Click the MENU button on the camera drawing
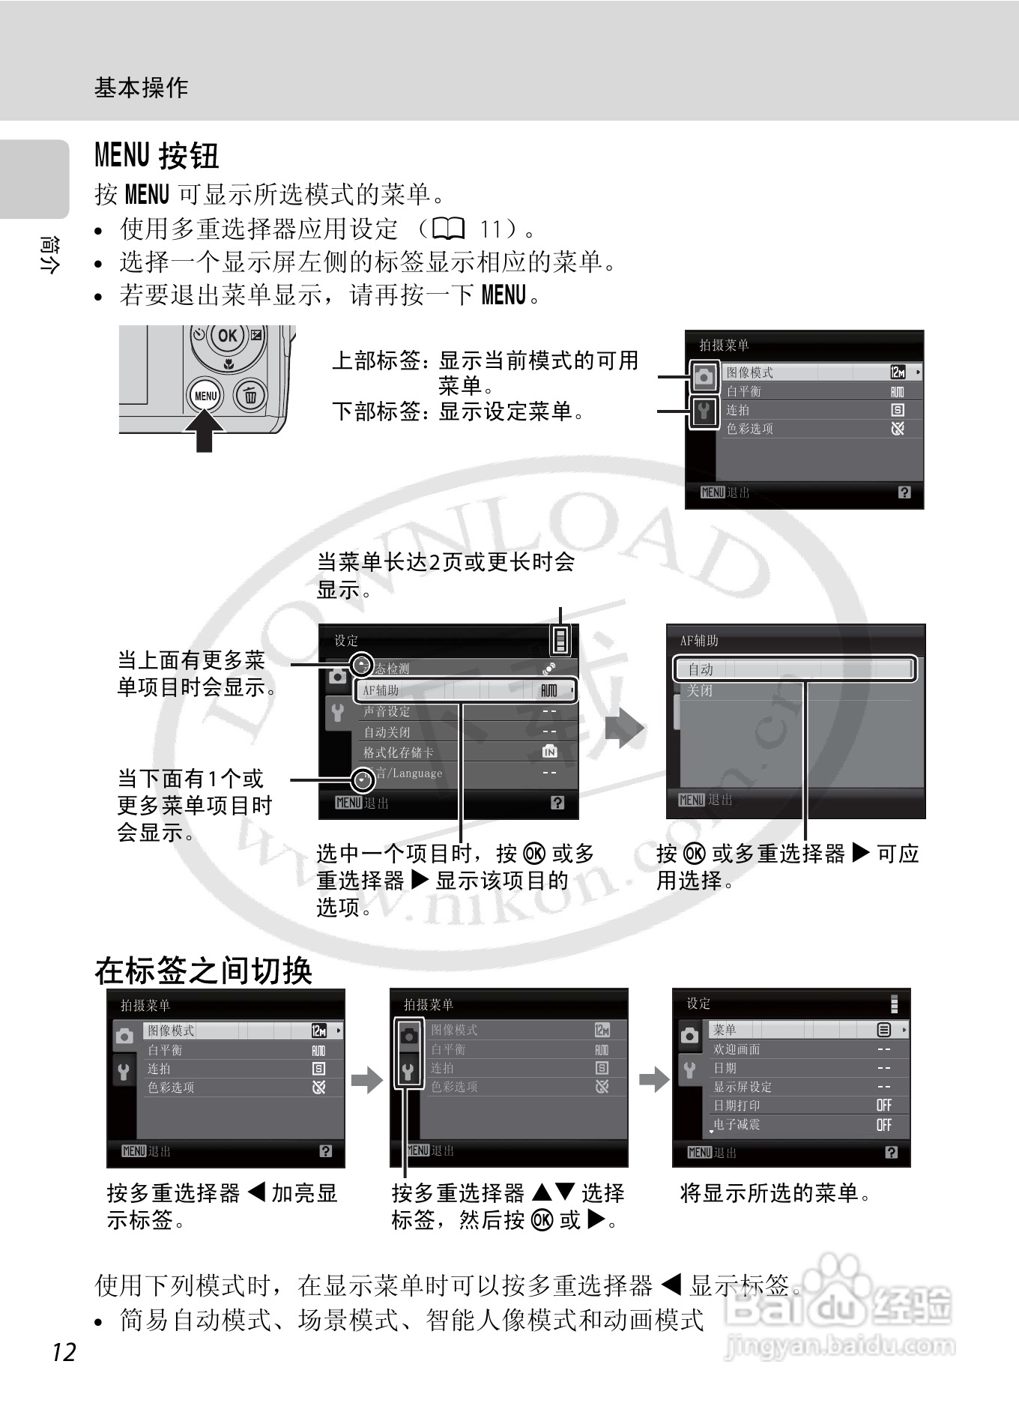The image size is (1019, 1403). click(205, 396)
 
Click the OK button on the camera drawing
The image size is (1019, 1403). click(227, 336)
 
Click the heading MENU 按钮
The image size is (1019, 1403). click(157, 156)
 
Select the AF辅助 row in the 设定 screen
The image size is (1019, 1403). click(466, 690)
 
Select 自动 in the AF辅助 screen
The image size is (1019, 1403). click(794, 669)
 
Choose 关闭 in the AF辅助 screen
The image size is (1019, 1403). click(701, 690)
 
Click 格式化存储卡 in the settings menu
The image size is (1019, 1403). click(399, 752)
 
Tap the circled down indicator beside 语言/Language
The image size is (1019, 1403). click(363, 780)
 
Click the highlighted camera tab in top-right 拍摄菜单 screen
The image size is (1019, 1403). click(703, 376)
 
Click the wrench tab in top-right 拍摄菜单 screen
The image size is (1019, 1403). click(703, 411)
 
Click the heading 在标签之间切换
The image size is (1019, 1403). click(203, 971)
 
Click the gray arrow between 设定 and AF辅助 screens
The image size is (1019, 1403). click(624, 729)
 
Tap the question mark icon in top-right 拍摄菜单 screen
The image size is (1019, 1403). click(904, 492)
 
